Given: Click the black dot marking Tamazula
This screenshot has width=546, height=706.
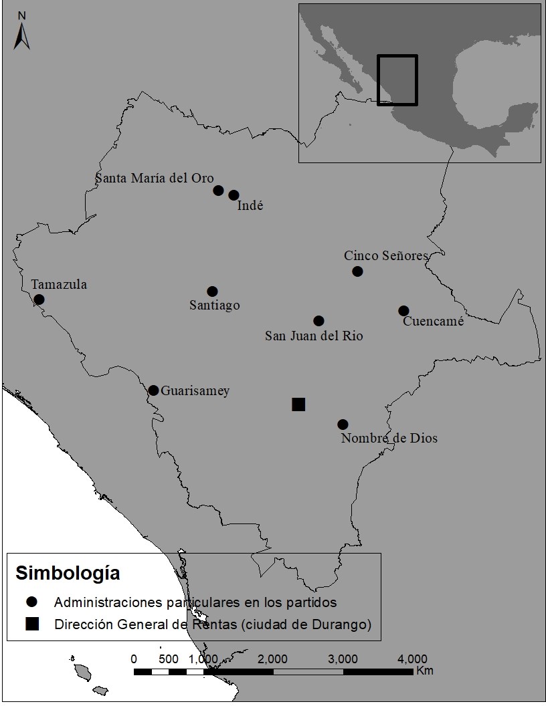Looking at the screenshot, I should pyautogui.click(x=39, y=300).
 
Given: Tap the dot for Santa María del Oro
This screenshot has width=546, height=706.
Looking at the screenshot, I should pyautogui.click(x=218, y=191).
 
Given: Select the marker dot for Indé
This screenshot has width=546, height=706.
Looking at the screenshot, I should pyautogui.click(x=234, y=195).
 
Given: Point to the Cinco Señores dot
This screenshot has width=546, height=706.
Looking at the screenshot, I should pyautogui.click(x=357, y=271).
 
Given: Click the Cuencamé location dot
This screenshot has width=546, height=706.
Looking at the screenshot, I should pyautogui.click(x=403, y=311).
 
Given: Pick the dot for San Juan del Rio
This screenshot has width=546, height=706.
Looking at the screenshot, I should pyautogui.click(x=318, y=321).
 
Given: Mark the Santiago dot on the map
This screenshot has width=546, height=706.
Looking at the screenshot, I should pyautogui.click(x=212, y=291).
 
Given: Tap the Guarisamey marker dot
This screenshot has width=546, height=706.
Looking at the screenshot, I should pyautogui.click(x=153, y=390).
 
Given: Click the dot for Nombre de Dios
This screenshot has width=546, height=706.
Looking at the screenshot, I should pyautogui.click(x=343, y=425).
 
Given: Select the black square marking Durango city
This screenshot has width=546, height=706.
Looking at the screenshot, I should pyautogui.click(x=298, y=404).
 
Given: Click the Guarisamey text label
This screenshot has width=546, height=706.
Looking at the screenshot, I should pyautogui.click(x=195, y=391).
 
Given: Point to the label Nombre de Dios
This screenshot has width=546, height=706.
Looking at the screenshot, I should pyautogui.click(x=389, y=439).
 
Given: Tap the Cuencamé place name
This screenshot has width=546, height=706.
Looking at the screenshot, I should pyautogui.click(x=433, y=322).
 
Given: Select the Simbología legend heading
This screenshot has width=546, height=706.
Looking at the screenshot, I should pyautogui.click(x=68, y=574).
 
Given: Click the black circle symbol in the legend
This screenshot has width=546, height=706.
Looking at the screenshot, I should pyautogui.click(x=32, y=602).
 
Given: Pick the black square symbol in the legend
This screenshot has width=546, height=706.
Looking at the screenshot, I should pyautogui.click(x=32, y=624).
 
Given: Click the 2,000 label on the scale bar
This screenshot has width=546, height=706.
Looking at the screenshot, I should pyautogui.click(x=272, y=659).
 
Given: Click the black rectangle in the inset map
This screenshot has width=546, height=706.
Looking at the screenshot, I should pyautogui.click(x=397, y=80).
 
